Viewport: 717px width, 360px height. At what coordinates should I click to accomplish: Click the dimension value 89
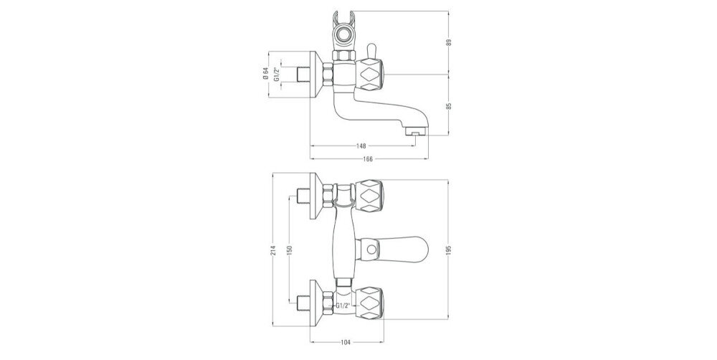(449, 42)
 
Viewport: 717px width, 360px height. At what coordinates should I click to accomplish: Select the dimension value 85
(449, 105)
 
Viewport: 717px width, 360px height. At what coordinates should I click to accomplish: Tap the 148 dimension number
(361, 146)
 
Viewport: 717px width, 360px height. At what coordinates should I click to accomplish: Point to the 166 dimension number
(368, 158)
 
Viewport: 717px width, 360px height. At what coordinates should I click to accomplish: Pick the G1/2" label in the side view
(276, 74)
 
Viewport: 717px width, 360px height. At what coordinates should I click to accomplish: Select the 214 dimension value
(273, 250)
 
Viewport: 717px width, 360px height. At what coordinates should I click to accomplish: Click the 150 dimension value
(290, 250)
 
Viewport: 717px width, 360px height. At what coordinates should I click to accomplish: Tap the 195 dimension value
(449, 250)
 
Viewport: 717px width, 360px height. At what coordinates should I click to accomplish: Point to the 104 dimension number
(346, 342)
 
